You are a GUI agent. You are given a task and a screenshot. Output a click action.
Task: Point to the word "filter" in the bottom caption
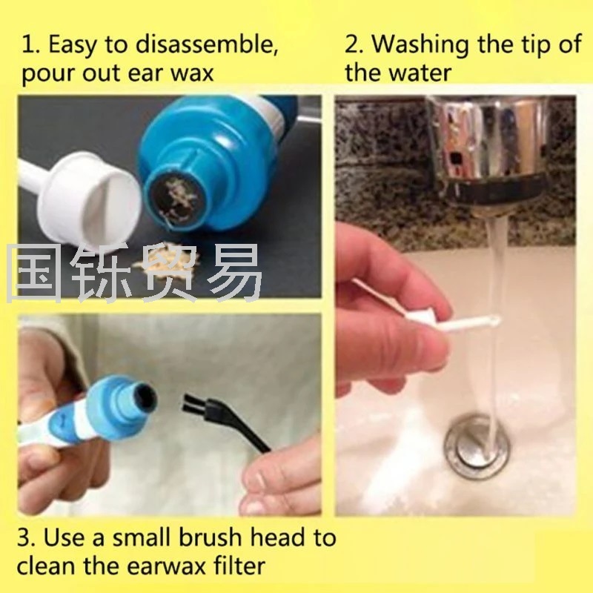pos(239,566)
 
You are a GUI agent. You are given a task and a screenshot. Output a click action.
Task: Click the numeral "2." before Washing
pos(354,44)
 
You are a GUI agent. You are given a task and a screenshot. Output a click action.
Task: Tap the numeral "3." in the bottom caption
pos(27,537)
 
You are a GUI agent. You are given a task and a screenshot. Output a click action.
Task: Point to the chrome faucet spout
pos(491,151)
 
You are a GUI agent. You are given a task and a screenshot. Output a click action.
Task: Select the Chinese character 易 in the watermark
pos(232,273)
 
